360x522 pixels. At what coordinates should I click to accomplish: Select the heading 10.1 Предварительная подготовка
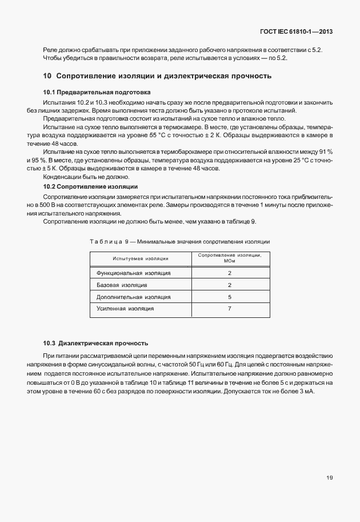pyautogui.click(x=97, y=92)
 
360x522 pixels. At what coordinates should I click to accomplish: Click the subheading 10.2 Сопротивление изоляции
pyautogui.click(x=90, y=186)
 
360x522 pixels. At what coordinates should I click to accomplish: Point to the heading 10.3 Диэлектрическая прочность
pyautogui.click(x=95, y=343)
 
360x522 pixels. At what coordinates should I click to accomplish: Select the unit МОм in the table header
pyautogui.click(x=229, y=261)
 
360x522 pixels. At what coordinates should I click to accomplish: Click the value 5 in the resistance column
pyautogui.click(x=229, y=297)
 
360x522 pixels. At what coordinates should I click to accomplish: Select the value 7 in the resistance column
pyautogui.click(x=229, y=309)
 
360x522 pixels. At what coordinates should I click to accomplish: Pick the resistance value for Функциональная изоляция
pyautogui.click(x=229, y=273)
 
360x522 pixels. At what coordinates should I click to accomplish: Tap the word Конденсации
pyautogui.click(x=62, y=177)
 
